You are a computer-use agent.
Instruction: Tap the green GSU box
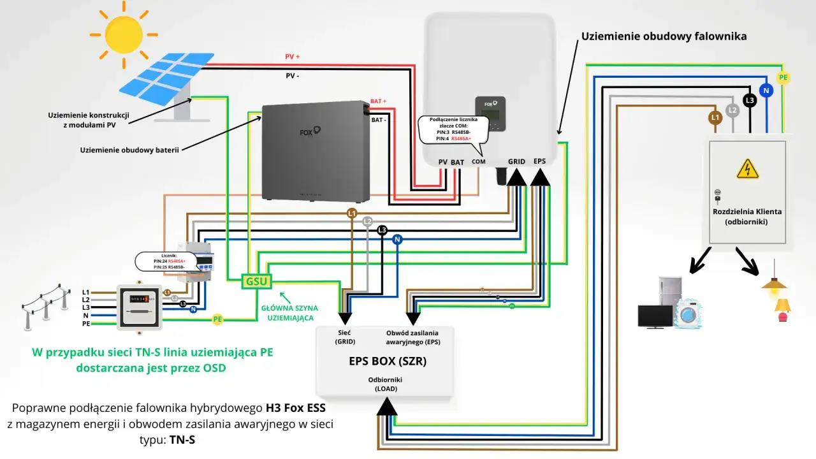[x=256, y=281]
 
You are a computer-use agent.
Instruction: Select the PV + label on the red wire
[x=292, y=57]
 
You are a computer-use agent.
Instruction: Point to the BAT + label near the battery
[x=379, y=101]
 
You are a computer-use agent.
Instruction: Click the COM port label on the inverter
[x=478, y=162]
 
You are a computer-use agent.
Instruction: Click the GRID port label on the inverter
[x=516, y=162]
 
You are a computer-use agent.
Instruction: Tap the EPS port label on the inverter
[x=540, y=162]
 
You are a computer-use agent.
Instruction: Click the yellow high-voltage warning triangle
[x=747, y=169]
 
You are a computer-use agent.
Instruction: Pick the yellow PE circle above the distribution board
[x=783, y=78]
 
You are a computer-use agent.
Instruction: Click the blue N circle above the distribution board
[x=767, y=91]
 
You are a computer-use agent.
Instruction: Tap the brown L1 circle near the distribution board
[x=715, y=117]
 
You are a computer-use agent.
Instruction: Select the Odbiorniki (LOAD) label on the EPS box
[x=385, y=384]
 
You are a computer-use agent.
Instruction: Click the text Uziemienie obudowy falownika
[x=664, y=36]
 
